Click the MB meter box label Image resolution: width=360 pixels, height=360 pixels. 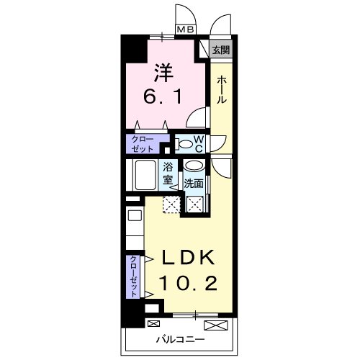(x=186, y=30)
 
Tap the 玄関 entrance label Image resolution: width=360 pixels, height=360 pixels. (x=220, y=50)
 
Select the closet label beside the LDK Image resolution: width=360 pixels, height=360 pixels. (x=134, y=276)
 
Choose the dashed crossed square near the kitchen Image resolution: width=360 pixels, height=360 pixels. (x=171, y=206)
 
